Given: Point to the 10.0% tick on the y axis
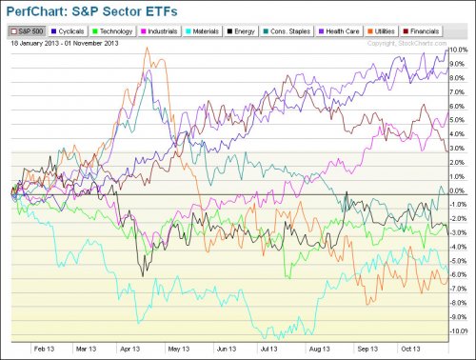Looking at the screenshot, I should click(x=460, y=50).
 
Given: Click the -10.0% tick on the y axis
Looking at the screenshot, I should click(x=459, y=331).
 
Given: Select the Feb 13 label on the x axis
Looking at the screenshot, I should click(x=42, y=349).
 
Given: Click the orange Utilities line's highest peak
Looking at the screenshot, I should click(x=146, y=50).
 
